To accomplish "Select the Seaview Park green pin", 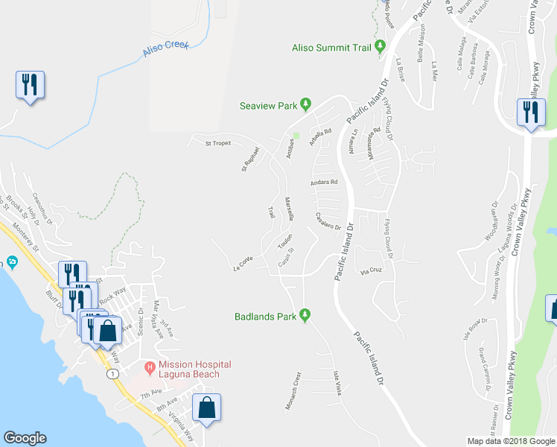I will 305,106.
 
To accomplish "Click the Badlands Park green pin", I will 305,316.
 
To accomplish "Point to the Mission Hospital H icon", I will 149,367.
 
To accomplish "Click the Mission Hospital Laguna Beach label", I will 188,370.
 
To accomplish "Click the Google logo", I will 25,438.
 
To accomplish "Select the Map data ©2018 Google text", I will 511,441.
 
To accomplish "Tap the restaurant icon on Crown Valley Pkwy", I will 531,112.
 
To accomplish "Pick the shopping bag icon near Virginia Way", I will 207,408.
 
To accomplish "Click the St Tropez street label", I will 218,143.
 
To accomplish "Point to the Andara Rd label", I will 325,182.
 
